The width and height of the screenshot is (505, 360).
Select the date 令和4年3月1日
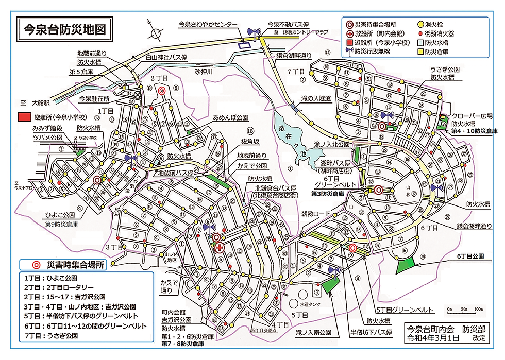pyautogui.click(x=432, y=338)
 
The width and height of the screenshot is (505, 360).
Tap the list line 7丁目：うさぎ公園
pyautogui.click(x=50, y=335)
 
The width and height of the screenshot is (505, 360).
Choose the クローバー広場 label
pyautogui.click(x=470, y=116)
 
